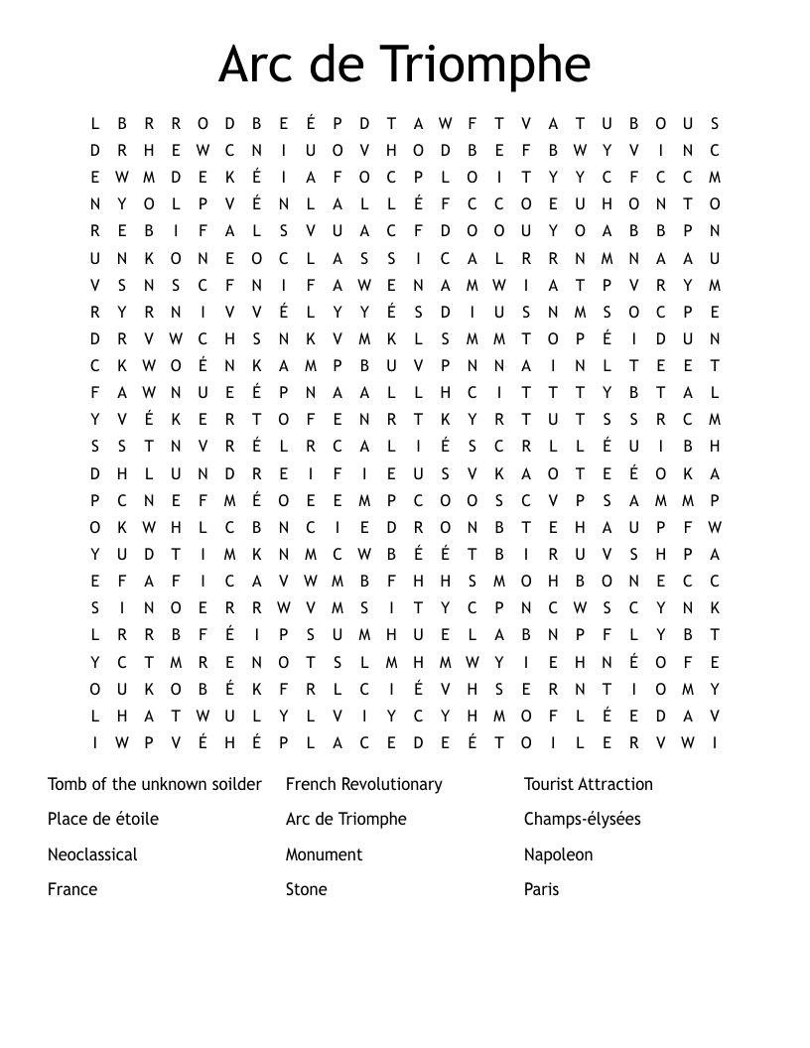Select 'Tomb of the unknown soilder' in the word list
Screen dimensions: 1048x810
click(x=155, y=784)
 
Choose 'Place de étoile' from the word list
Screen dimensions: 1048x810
click(x=103, y=819)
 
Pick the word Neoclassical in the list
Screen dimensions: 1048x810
click(x=92, y=854)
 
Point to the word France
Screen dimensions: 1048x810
click(x=72, y=889)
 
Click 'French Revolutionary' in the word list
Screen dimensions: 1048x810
click(x=363, y=784)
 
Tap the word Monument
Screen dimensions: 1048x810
click(x=325, y=854)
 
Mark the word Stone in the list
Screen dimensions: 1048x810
click(x=307, y=889)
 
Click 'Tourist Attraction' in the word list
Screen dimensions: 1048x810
click(x=589, y=784)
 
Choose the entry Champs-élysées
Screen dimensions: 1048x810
click(x=583, y=819)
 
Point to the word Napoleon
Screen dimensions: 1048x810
click(x=559, y=854)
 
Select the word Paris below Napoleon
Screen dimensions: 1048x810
click(x=542, y=889)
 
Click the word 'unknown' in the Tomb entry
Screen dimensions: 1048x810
click(x=169, y=784)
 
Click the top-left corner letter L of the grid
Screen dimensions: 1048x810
click(x=95, y=124)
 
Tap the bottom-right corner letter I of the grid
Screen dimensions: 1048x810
click(x=715, y=742)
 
